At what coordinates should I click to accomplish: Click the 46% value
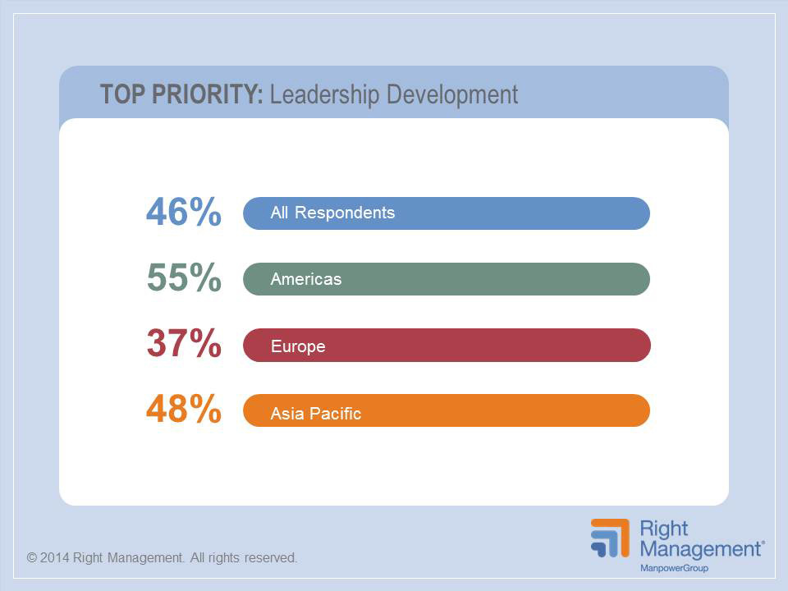[184, 213]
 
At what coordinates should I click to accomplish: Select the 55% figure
[184, 278]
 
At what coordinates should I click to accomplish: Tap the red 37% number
[184, 344]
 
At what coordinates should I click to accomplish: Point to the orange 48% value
[184, 410]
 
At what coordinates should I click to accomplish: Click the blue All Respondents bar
[509, 213]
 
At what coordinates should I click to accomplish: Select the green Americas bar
[509, 279]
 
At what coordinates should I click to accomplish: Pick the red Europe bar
[509, 346]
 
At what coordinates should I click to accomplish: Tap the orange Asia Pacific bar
[509, 411]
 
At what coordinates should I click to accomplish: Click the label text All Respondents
[332, 213]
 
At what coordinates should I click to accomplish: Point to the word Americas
[305, 279]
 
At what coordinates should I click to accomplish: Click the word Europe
[298, 346]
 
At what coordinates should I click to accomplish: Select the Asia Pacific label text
[316, 413]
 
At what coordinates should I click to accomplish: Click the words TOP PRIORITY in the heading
[181, 94]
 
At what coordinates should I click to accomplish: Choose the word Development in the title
[452, 95]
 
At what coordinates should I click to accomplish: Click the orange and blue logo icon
[610, 538]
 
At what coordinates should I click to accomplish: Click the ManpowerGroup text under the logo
[674, 568]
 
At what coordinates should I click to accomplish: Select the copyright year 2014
[56, 558]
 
